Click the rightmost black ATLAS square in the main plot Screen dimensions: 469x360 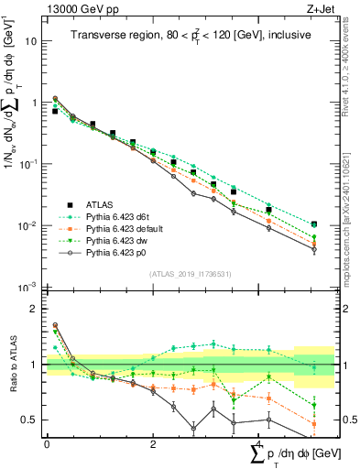click(314, 224)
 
